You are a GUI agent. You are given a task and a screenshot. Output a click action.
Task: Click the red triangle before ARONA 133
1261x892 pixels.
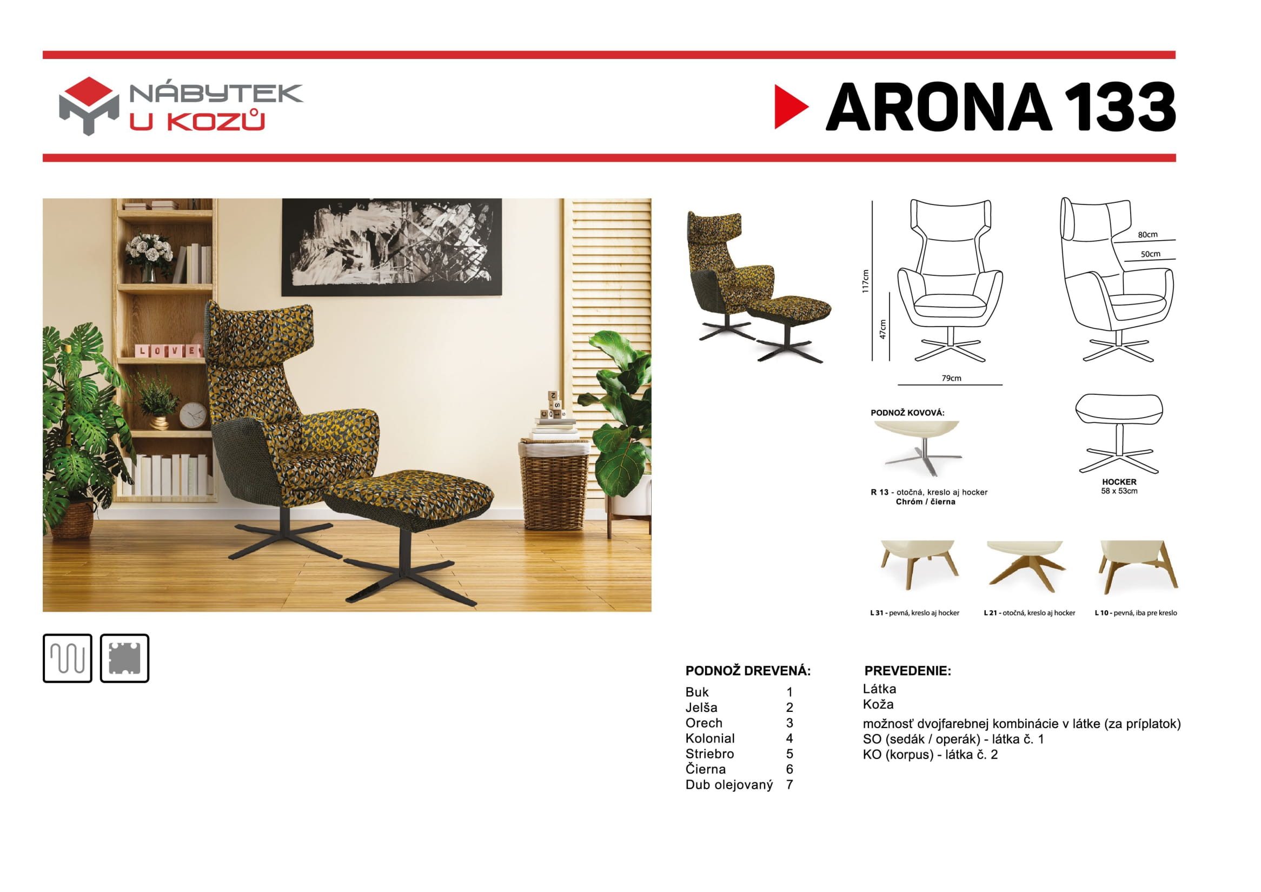(x=790, y=107)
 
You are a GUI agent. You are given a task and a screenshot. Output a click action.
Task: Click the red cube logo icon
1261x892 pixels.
(x=89, y=106)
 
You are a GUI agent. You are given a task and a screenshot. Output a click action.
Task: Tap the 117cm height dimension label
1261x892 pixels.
(x=866, y=281)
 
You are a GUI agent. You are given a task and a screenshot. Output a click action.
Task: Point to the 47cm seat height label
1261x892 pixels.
(x=882, y=329)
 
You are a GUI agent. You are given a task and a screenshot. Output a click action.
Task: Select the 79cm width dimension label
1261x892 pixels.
(x=951, y=378)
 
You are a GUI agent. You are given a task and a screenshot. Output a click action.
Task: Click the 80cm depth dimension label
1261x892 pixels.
(x=1147, y=235)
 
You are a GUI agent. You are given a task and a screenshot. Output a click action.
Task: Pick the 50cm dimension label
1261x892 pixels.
(x=1151, y=254)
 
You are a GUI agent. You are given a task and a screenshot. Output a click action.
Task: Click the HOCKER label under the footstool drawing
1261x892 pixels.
(x=1119, y=482)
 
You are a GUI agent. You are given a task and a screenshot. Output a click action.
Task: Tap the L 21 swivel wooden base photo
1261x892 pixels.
(x=1025, y=566)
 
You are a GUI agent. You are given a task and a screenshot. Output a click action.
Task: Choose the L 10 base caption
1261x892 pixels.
(x=1136, y=612)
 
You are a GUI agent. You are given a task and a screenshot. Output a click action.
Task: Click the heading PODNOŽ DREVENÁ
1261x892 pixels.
(x=748, y=671)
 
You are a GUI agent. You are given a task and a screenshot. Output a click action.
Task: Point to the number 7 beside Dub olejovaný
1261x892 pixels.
(x=789, y=784)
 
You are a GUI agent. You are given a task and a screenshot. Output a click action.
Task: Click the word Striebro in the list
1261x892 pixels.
(x=709, y=754)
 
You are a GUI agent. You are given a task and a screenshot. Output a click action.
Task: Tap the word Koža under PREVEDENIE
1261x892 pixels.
(x=878, y=704)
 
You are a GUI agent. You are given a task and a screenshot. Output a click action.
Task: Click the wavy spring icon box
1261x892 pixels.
(x=68, y=658)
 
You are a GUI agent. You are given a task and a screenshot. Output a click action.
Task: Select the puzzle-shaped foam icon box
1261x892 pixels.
(x=125, y=658)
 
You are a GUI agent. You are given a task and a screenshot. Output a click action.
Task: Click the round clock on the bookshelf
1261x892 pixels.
(x=194, y=415)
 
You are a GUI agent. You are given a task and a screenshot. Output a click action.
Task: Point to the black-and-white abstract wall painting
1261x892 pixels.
(x=391, y=247)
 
